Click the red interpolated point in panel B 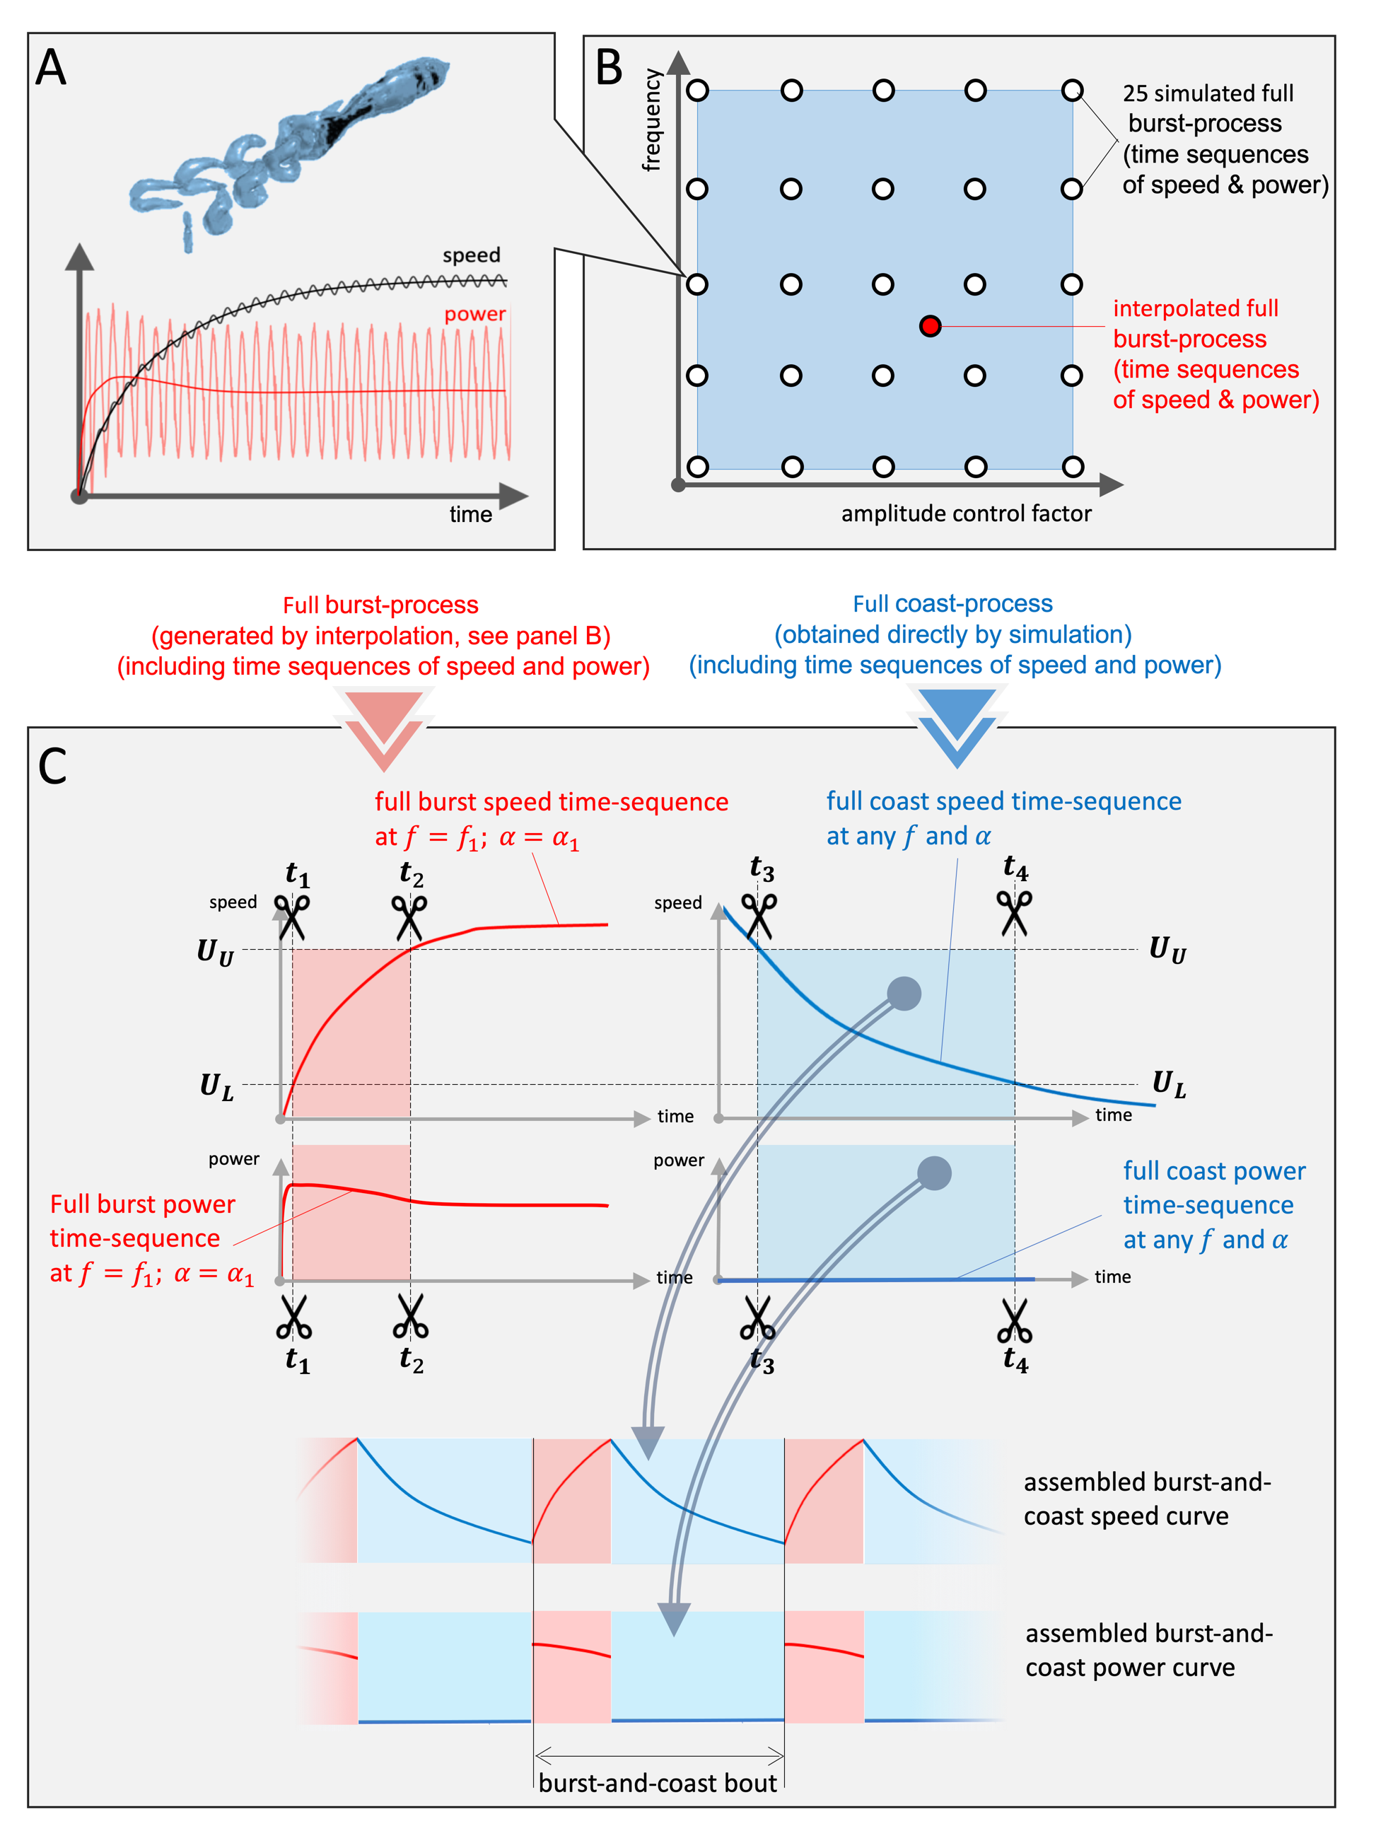pos(930,326)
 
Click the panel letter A pos(51,67)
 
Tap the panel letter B pos(609,67)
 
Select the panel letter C pos(52,766)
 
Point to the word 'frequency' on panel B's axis pos(651,120)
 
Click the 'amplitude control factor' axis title pos(966,513)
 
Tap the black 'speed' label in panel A pos(472,255)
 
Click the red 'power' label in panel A pos(474,314)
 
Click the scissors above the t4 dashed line pos(1014,912)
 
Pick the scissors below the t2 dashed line pos(410,1315)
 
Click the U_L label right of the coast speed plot pos(1170,1085)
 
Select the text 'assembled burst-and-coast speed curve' pos(1147,1499)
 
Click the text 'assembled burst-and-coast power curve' pos(1148,1650)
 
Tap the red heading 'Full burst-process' pos(380,605)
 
